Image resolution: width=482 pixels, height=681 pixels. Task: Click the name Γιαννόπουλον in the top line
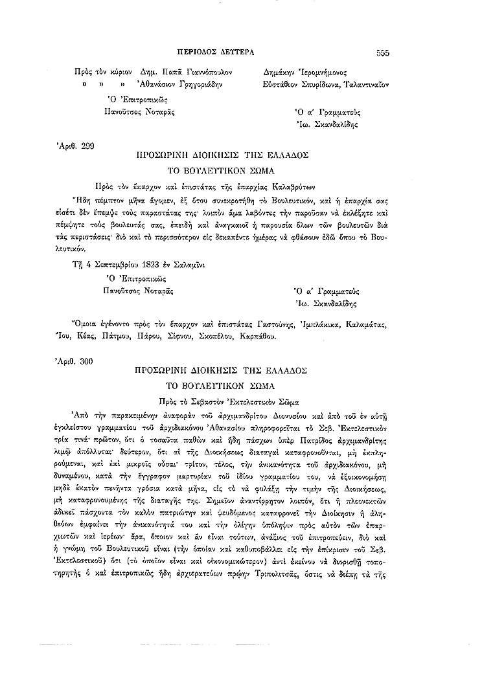pyautogui.click(x=206, y=73)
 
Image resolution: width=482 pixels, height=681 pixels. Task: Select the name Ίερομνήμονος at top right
pyautogui.click(x=325, y=73)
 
